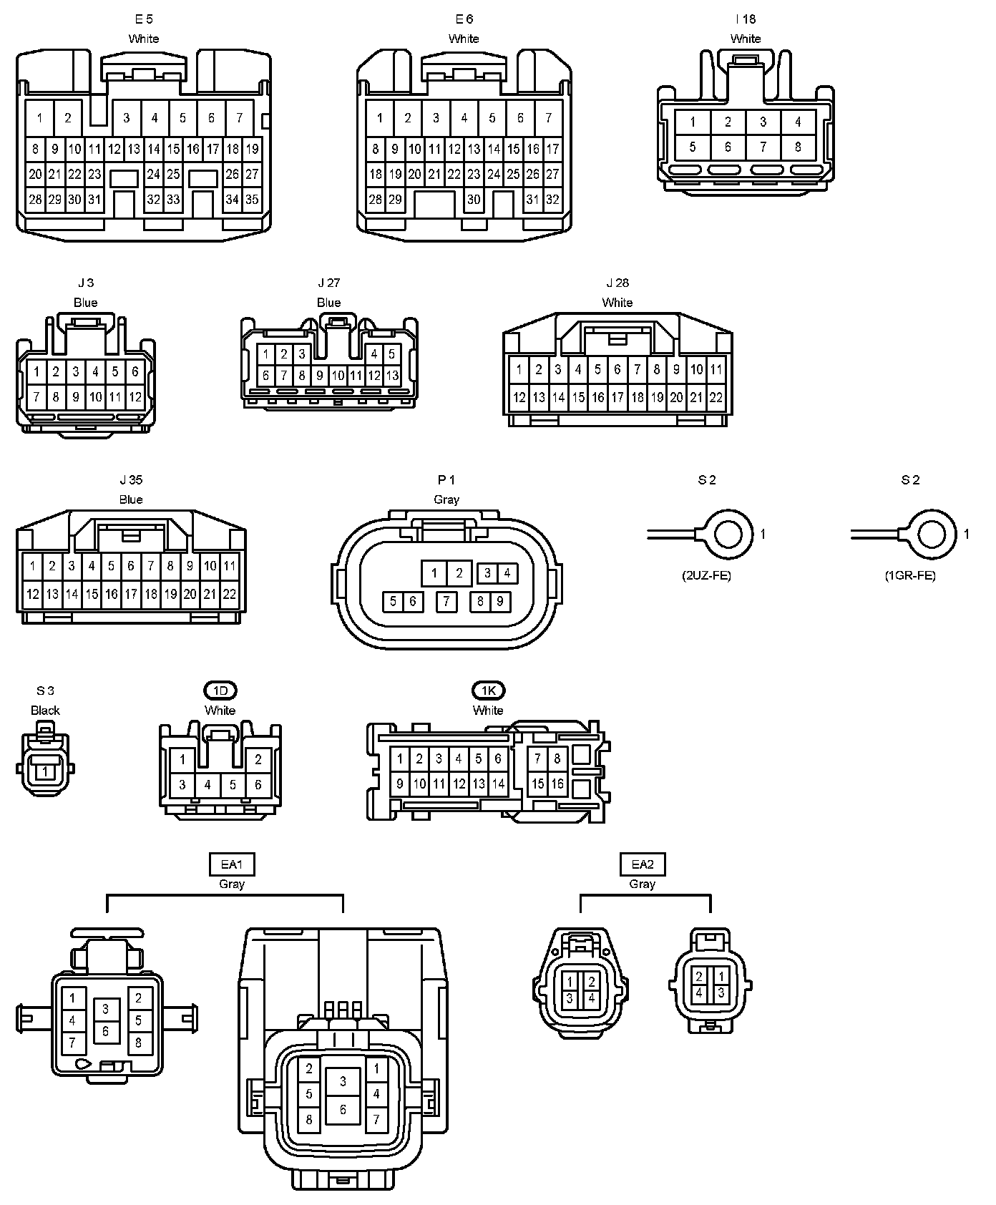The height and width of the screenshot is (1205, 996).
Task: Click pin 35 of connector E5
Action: coord(252,200)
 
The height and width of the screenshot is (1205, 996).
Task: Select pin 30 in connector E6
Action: coord(474,200)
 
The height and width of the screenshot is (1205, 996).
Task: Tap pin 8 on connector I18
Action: coord(798,147)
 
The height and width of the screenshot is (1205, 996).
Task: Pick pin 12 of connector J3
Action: coord(135,396)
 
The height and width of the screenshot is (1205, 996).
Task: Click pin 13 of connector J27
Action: coord(392,375)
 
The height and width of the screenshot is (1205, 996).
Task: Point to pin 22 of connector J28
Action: coord(716,397)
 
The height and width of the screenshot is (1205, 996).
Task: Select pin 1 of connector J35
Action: coord(32,566)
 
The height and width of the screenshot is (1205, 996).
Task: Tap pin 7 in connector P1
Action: coord(446,601)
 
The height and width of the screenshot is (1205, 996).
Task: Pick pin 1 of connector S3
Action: coord(45,771)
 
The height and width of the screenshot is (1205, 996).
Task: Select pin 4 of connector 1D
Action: coord(207,785)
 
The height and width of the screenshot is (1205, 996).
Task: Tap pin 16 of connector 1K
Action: coord(557,784)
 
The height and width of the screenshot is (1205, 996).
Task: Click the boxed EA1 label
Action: coord(232,864)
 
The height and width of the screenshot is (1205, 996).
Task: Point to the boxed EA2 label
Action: coord(642,864)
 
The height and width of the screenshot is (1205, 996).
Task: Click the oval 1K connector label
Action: coord(488,691)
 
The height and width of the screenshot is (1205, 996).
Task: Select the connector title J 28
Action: coord(617,283)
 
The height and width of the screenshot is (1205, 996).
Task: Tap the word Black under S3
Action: coord(45,711)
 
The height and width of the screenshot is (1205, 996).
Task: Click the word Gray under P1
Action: coord(446,499)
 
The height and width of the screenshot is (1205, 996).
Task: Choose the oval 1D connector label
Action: coord(220,691)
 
